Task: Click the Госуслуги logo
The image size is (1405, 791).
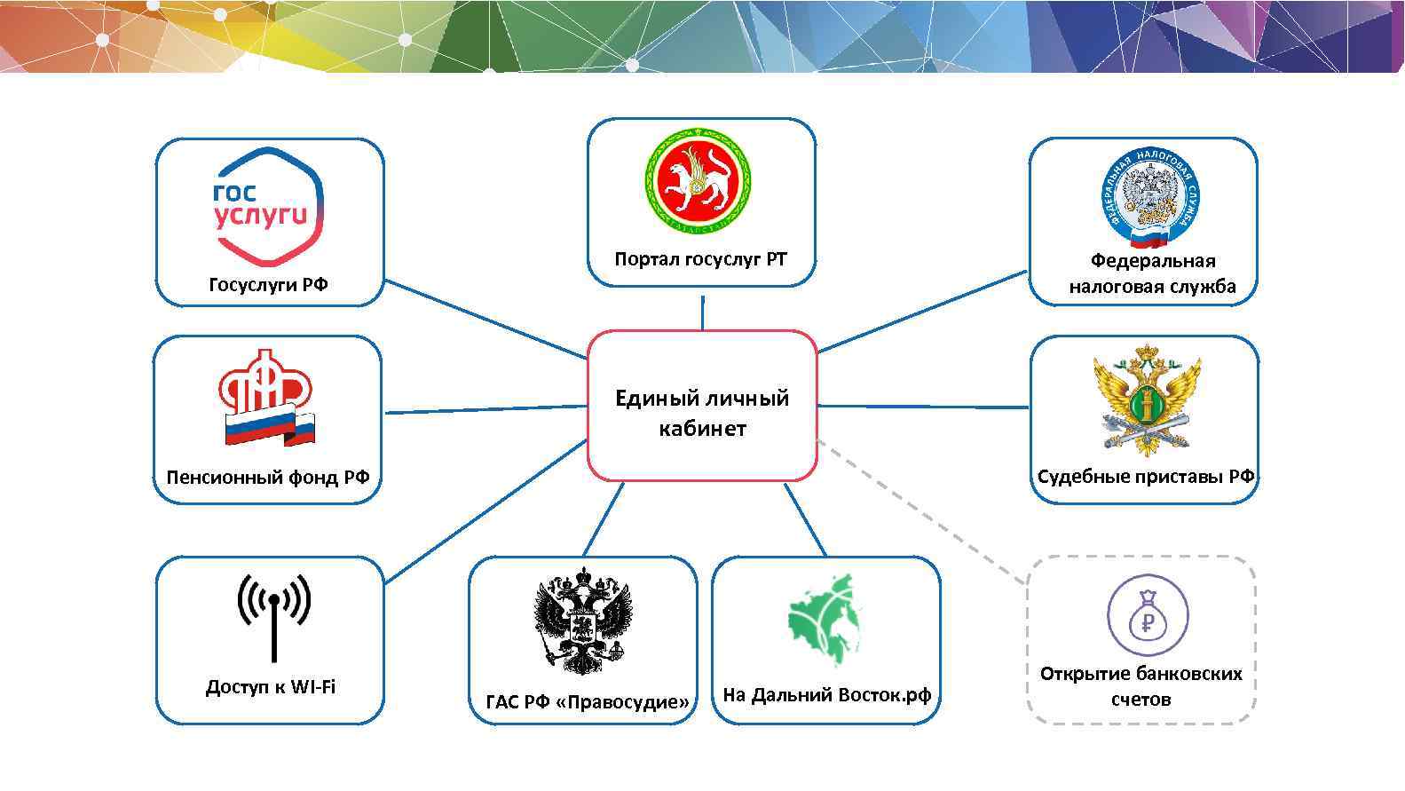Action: [268, 206]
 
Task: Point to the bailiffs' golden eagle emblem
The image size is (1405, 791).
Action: [1146, 400]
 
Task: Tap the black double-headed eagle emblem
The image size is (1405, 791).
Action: [582, 621]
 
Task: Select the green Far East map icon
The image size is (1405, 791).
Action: [825, 621]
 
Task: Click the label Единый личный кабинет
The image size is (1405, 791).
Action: [702, 413]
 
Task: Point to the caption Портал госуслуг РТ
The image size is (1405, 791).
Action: [701, 259]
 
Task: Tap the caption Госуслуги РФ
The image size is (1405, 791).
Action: [268, 284]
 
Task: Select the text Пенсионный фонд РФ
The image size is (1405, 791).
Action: [268, 478]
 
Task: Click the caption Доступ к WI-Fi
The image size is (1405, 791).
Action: [271, 687]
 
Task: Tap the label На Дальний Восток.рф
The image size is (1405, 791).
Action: [826, 694]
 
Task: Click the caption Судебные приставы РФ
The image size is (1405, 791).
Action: [1146, 477]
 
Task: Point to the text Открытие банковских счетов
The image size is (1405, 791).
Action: [1141, 685]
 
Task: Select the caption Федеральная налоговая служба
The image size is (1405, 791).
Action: [1152, 273]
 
